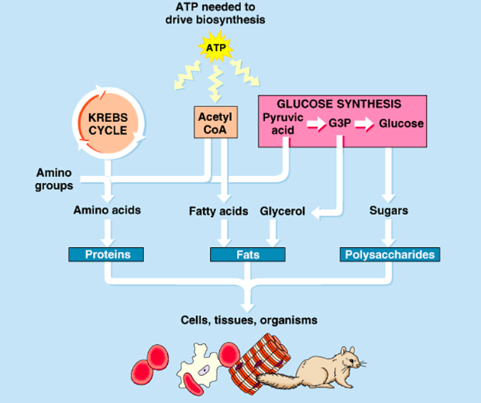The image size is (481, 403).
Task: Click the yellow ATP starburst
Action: (215, 48)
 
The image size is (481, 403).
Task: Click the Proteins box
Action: (107, 254)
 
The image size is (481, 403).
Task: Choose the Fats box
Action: (248, 254)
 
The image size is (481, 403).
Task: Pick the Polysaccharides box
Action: (390, 254)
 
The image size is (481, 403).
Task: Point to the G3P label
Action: (341, 124)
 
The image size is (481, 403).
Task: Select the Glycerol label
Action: (283, 211)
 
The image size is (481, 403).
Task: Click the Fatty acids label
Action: (218, 211)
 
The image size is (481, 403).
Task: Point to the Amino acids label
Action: (107, 211)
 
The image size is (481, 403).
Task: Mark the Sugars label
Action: (389, 211)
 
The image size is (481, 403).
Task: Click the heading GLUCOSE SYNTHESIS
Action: (339, 104)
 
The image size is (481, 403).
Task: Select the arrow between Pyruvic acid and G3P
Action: (315, 124)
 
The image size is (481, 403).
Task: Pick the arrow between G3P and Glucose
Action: (365, 124)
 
